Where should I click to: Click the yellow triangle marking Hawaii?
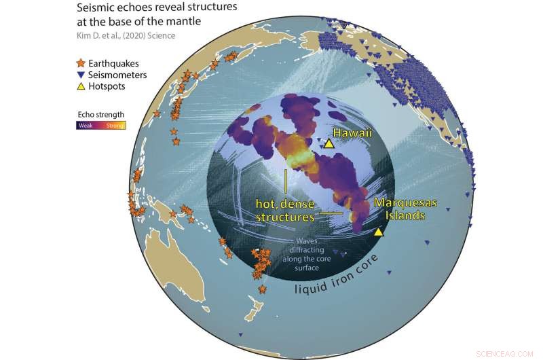tap(329, 144)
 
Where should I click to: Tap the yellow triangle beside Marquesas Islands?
tap(379, 232)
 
